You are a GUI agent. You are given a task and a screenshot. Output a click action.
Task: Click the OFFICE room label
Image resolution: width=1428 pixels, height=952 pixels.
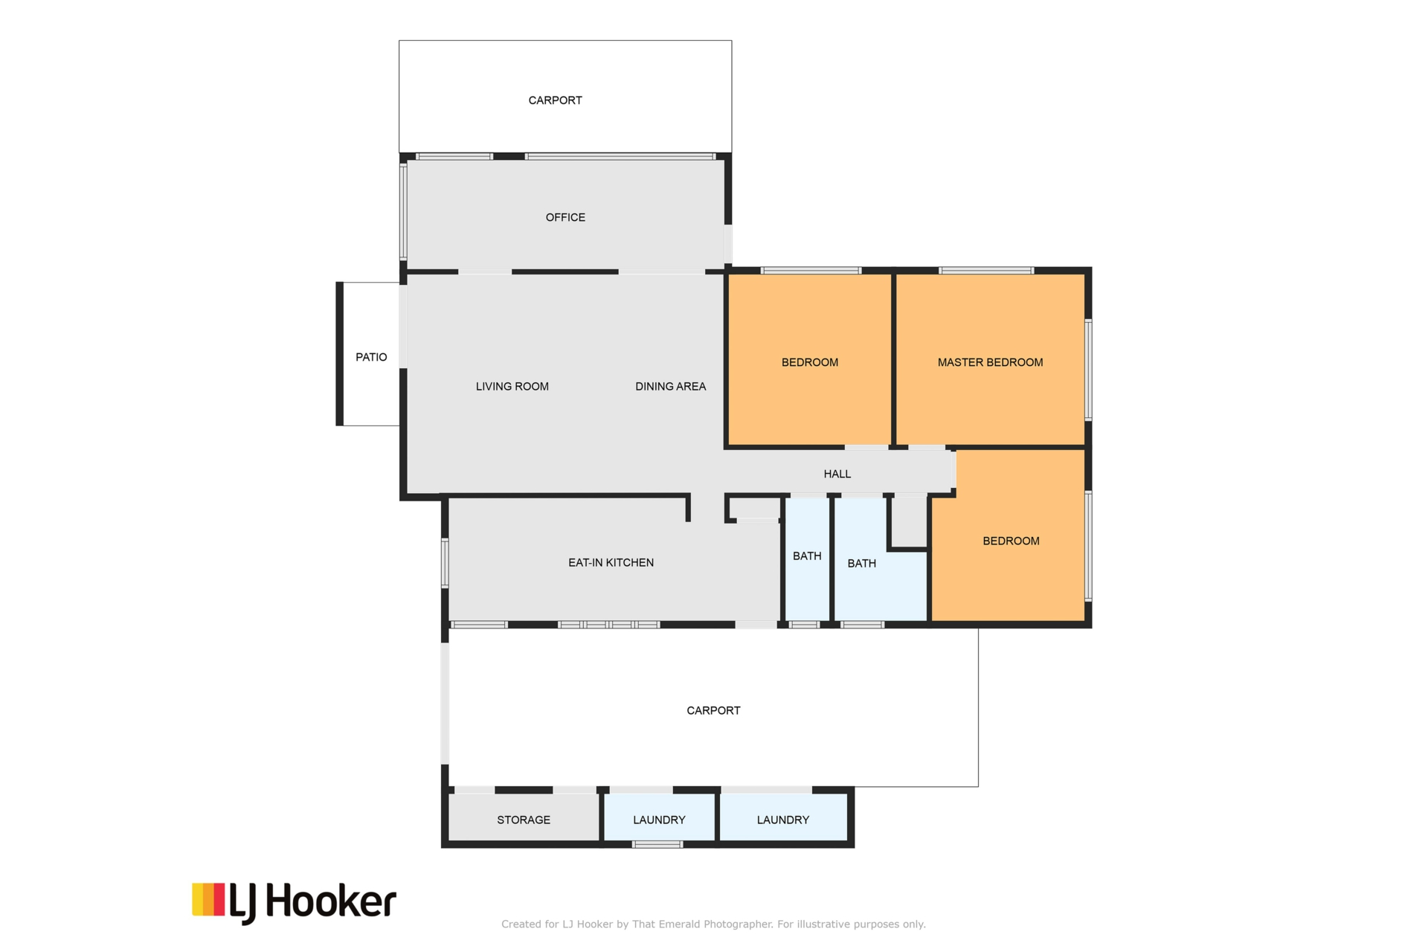pyautogui.click(x=565, y=217)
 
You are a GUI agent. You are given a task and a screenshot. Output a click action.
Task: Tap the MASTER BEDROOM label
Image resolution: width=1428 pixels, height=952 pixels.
pyautogui.click(x=990, y=362)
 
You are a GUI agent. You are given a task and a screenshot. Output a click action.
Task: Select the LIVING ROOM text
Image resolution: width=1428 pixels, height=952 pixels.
pyautogui.click(x=512, y=386)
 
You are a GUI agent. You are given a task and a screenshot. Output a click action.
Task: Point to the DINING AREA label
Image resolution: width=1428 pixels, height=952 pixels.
pyautogui.click(x=670, y=386)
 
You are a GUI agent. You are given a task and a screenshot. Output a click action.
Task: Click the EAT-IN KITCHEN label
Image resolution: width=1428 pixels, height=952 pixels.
pyautogui.click(x=611, y=562)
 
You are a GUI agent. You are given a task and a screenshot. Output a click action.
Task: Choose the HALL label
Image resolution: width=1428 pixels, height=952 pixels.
pyautogui.click(x=837, y=474)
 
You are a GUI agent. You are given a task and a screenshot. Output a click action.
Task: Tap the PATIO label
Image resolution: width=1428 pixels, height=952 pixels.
pyautogui.click(x=371, y=357)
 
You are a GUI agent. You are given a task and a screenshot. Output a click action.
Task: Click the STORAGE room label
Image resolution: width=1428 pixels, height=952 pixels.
pyautogui.click(x=524, y=820)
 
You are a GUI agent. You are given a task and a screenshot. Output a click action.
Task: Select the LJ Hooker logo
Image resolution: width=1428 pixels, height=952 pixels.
pyautogui.click(x=294, y=903)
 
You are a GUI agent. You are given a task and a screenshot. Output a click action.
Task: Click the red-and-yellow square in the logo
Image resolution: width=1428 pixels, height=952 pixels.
pyautogui.click(x=208, y=899)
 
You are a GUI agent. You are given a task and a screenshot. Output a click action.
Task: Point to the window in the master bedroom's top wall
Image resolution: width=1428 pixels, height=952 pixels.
pyautogui.click(x=986, y=271)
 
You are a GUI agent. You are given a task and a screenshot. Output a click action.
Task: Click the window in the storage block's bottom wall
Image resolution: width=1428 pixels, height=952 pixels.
pyautogui.click(x=657, y=844)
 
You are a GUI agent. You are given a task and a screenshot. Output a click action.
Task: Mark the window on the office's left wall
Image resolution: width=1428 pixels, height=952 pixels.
pyautogui.click(x=404, y=212)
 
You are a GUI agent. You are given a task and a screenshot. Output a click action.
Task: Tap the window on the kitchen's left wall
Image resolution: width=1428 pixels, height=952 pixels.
pyautogui.click(x=446, y=563)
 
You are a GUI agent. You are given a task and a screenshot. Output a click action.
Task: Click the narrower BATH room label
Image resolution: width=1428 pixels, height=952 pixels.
pyautogui.click(x=807, y=556)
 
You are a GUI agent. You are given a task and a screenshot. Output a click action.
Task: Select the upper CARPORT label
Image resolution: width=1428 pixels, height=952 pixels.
pyautogui.click(x=555, y=100)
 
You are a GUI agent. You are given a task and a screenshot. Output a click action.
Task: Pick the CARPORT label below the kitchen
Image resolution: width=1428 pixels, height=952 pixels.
pyautogui.click(x=713, y=710)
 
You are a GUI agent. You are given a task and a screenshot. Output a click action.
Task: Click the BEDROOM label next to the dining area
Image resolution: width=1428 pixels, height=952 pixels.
pyautogui.click(x=809, y=362)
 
